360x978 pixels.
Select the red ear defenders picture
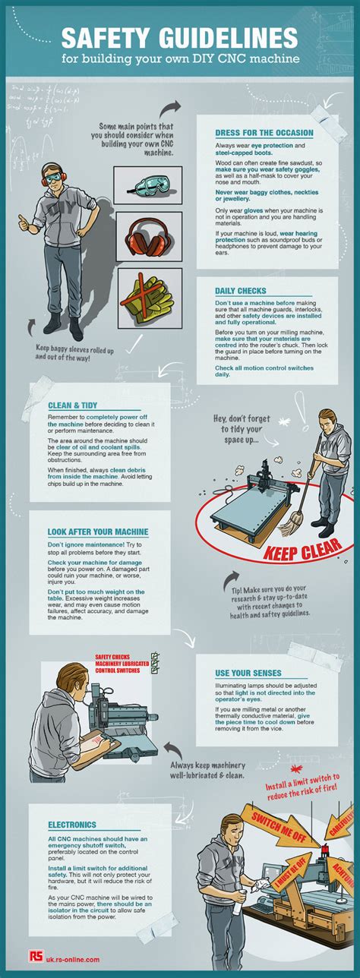coord(148,238)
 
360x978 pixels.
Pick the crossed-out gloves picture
coord(148,298)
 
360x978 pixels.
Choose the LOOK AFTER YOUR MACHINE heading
coord(97,532)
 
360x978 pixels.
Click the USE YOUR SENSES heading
coord(248,674)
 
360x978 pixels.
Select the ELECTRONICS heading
coord(71,824)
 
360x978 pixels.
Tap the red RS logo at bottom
coord(35,960)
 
